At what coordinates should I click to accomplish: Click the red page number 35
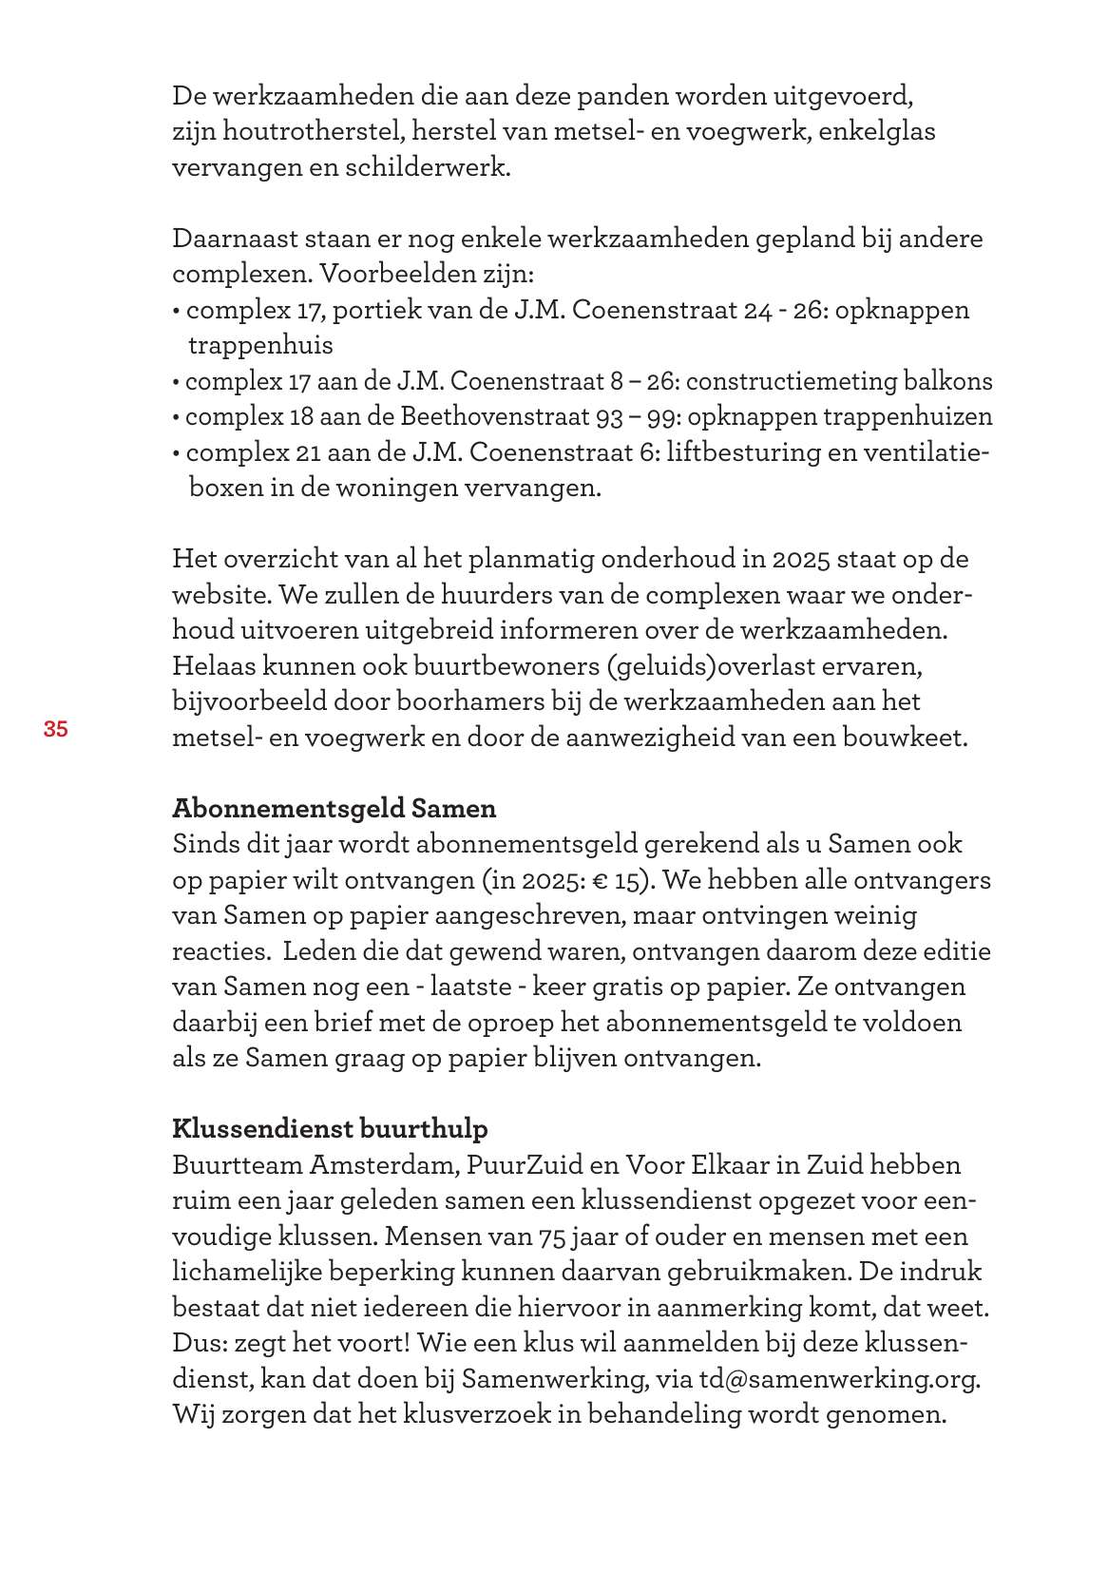click(55, 730)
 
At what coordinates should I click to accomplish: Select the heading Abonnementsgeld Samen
click(334, 809)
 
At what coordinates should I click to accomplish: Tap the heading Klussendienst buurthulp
click(330, 1129)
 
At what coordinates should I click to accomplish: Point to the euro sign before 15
click(600, 881)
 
